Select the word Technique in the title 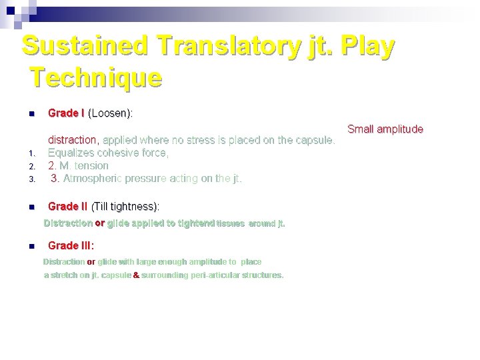[x=96, y=78]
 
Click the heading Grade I [x=66, y=113]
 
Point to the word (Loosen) [x=110, y=113]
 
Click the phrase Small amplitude [x=385, y=129]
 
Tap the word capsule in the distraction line [x=313, y=140]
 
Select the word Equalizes [x=73, y=153]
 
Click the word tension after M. [x=91, y=165]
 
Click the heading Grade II [x=68, y=207]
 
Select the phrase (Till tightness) [x=125, y=207]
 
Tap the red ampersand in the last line [x=136, y=275]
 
